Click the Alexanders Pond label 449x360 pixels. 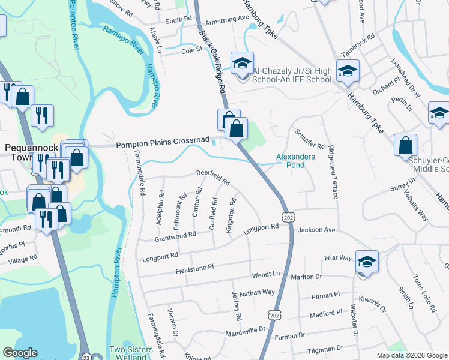pos(295,160)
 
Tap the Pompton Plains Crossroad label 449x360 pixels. pos(162,141)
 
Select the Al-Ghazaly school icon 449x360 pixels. pos(242,64)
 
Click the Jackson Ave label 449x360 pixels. pos(316,230)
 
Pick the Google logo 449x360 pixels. pos(20,352)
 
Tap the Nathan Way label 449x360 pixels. pos(256,293)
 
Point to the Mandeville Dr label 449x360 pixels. pos(245,332)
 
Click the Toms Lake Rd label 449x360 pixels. pos(424,294)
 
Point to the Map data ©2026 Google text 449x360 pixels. pos(412,355)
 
